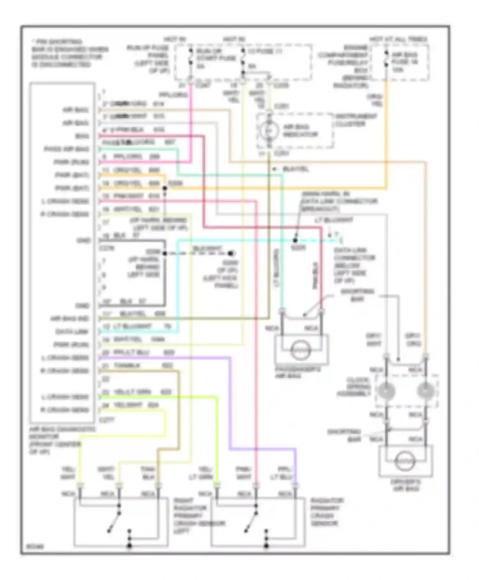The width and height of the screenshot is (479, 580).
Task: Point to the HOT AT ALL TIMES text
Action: [x=398, y=39]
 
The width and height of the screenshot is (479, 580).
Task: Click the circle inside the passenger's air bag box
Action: [x=300, y=350]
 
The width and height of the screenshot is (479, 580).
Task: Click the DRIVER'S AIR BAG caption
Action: [x=405, y=485]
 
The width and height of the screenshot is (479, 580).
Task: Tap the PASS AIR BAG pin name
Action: [x=66, y=149]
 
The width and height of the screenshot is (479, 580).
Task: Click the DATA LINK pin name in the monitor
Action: [x=72, y=332]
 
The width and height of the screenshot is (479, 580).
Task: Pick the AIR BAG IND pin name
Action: [x=70, y=319]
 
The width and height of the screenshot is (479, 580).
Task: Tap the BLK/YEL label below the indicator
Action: [x=296, y=169]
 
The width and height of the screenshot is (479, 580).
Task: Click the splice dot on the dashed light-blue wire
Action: [x=295, y=240]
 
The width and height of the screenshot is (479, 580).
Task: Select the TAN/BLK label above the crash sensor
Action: [x=148, y=473]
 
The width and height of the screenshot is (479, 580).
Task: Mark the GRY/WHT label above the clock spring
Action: [x=373, y=340]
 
